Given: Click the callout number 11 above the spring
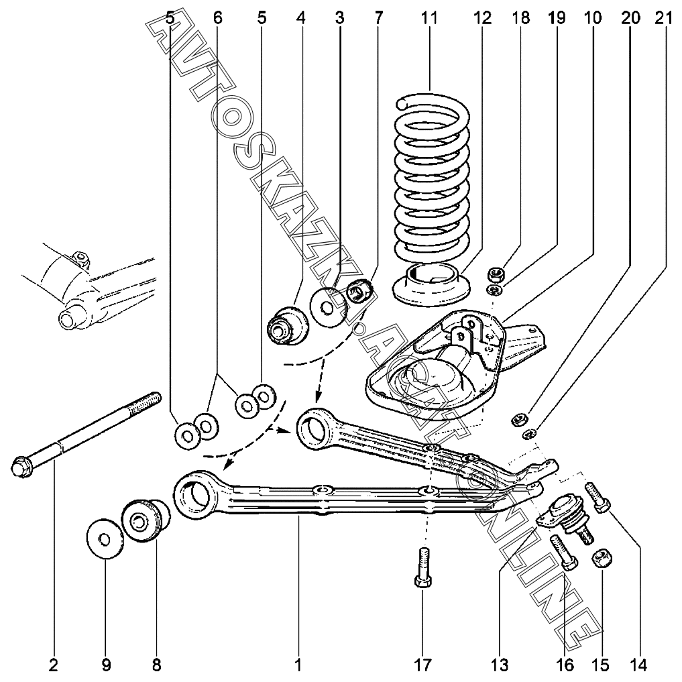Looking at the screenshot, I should (429, 19).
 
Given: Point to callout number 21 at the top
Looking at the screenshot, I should (663, 19).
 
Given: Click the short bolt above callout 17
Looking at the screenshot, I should (422, 569).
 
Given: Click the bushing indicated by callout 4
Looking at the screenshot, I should (288, 323).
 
